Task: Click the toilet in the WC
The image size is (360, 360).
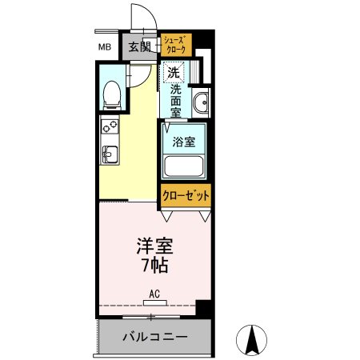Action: coord(112,95)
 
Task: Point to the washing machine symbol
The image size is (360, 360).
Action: coord(173,73)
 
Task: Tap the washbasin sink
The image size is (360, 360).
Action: coord(202,102)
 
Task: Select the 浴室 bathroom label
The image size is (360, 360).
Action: coord(185,142)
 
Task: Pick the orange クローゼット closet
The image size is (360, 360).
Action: coord(186,195)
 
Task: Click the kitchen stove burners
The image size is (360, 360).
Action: coord(109,126)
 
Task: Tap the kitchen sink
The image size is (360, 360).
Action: coord(109,154)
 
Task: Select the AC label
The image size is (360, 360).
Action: coord(154,294)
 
